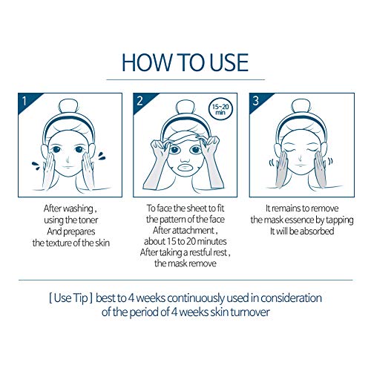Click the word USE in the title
pos(229,62)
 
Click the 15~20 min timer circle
pos(220,108)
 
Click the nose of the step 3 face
pos(300,157)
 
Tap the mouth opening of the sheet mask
pos(187,168)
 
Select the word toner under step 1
pos(88,220)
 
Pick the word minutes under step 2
pos(212,241)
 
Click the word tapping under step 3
pos(340,220)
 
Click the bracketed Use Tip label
pos(70,298)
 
